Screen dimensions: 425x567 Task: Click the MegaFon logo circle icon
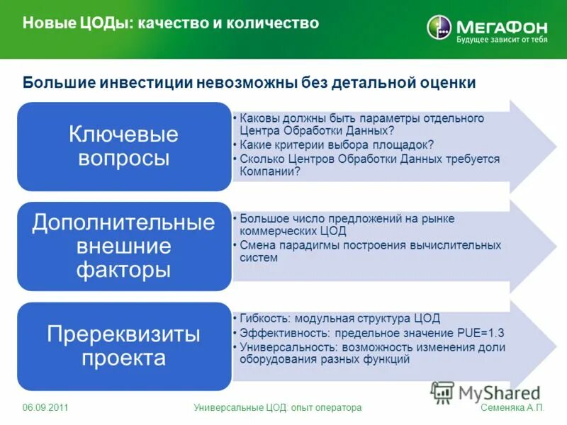(x=439, y=28)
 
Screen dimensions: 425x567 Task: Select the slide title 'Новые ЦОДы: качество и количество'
(x=171, y=23)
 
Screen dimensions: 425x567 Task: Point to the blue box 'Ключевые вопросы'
(x=124, y=146)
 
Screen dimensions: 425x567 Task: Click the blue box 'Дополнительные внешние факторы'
(x=124, y=246)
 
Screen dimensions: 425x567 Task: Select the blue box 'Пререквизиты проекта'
(x=124, y=346)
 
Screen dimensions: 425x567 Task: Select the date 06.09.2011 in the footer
(x=45, y=408)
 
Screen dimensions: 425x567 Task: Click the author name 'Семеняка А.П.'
(x=512, y=408)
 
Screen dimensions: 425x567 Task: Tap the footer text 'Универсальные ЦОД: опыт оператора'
(x=278, y=408)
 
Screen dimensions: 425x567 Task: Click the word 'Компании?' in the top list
(x=270, y=171)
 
